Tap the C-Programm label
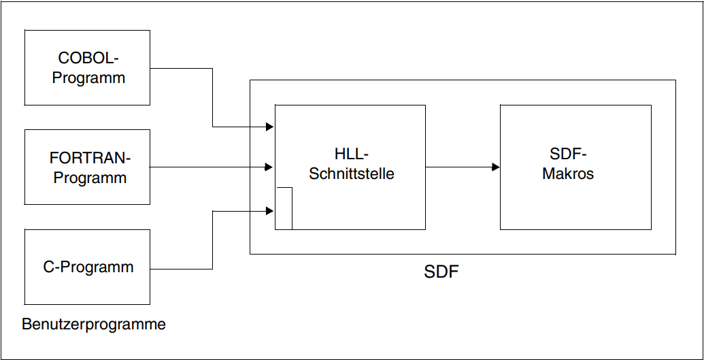coord(88,267)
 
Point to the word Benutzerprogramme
coord(94,324)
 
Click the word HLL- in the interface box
coord(351,154)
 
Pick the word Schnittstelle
coord(351,174)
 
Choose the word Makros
coord(567,174)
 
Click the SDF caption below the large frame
coord(441,272)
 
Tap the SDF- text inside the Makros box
coord(568,154)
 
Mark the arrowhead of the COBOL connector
coord(270,127)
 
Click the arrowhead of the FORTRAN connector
coord(269,167)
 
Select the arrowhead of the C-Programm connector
coord(270,211)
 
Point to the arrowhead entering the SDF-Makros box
coord(496,167)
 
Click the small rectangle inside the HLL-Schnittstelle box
coord(292,208)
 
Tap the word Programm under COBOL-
coord(88,78)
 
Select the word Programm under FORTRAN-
coord(90,178)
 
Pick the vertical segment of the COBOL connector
coord(212,97)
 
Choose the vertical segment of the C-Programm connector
coord(212,240)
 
